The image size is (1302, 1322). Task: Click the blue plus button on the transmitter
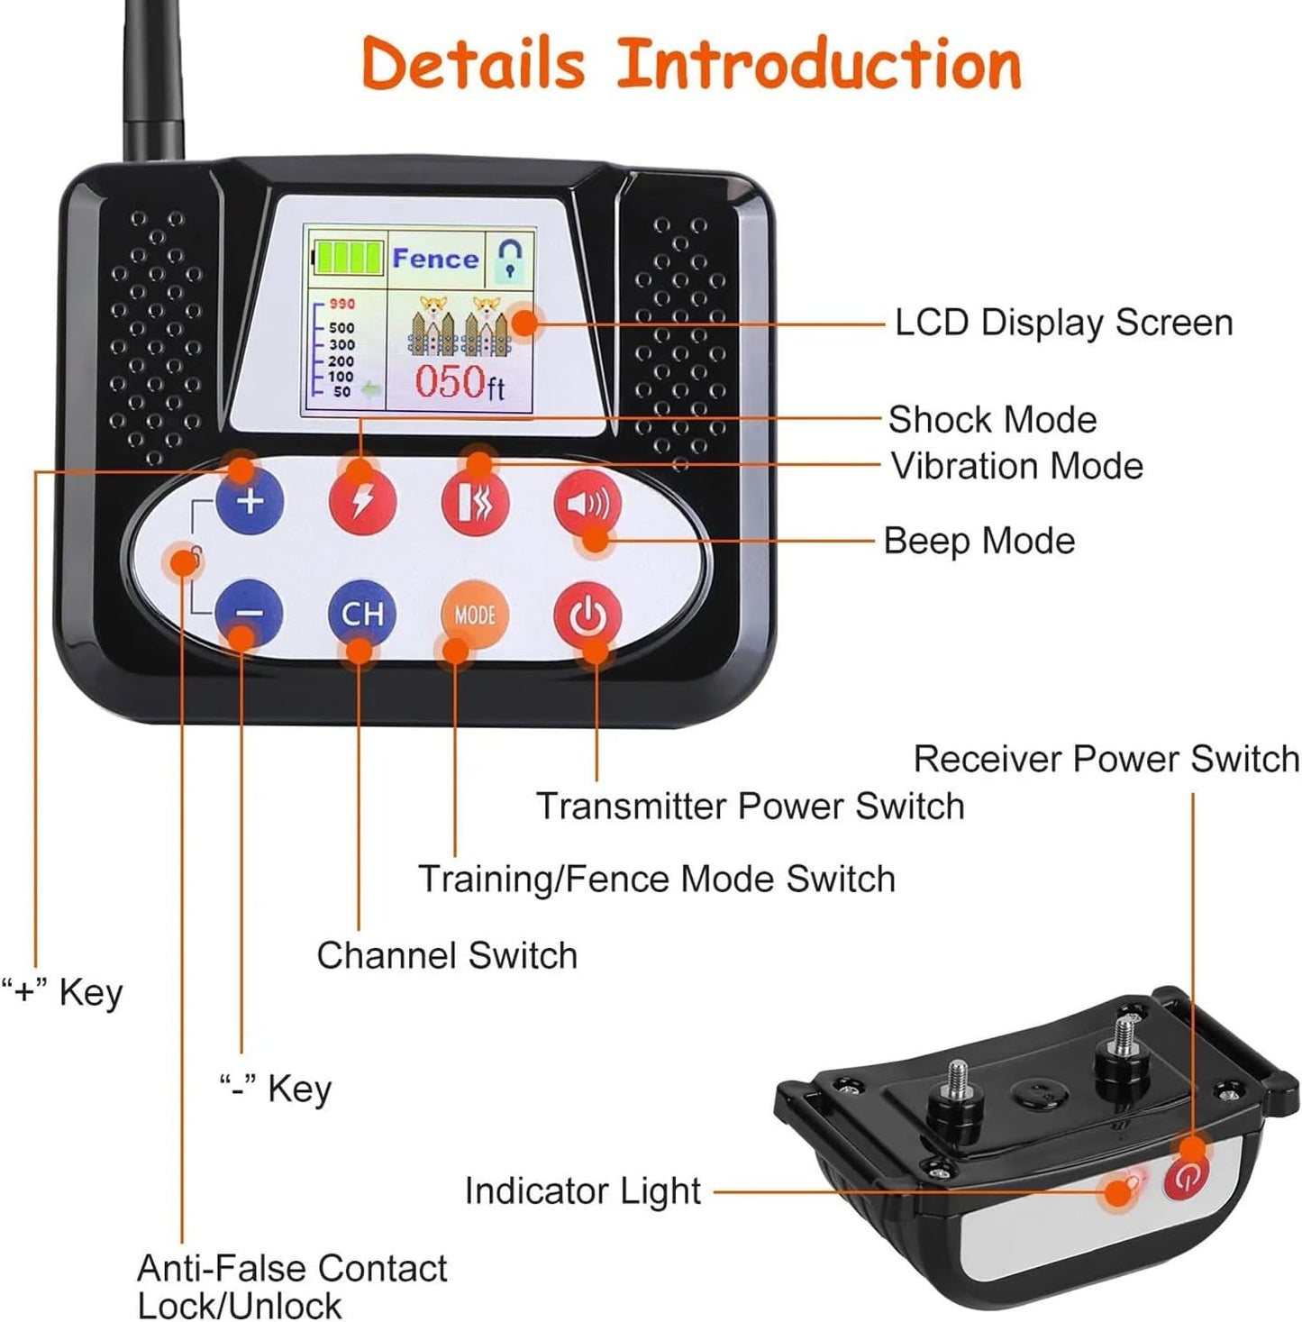click(x=250, y=501)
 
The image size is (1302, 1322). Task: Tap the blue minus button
click(x=249, y=614)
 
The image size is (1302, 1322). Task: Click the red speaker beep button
click(x=587, y=503)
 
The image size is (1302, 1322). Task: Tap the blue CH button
click(x=362, y=614)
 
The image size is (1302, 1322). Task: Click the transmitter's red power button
click(x=587, y=615)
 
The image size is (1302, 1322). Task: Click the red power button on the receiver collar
click(x=1187, y=1178)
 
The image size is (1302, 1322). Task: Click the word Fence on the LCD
click(x=435, y=260)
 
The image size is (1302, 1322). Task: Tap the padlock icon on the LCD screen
click(x=511, y=258)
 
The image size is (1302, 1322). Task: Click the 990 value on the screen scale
click(x=341, y=305)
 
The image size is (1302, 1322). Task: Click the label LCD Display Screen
click(x=1063, y=323)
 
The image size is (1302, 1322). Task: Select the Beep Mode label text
click(x=979, y=541)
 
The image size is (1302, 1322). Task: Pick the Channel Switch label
click(x=447, y=955)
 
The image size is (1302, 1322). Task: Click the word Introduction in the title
click(x=818, y=64)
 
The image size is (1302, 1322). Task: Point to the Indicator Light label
click(x=582, y=1190)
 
